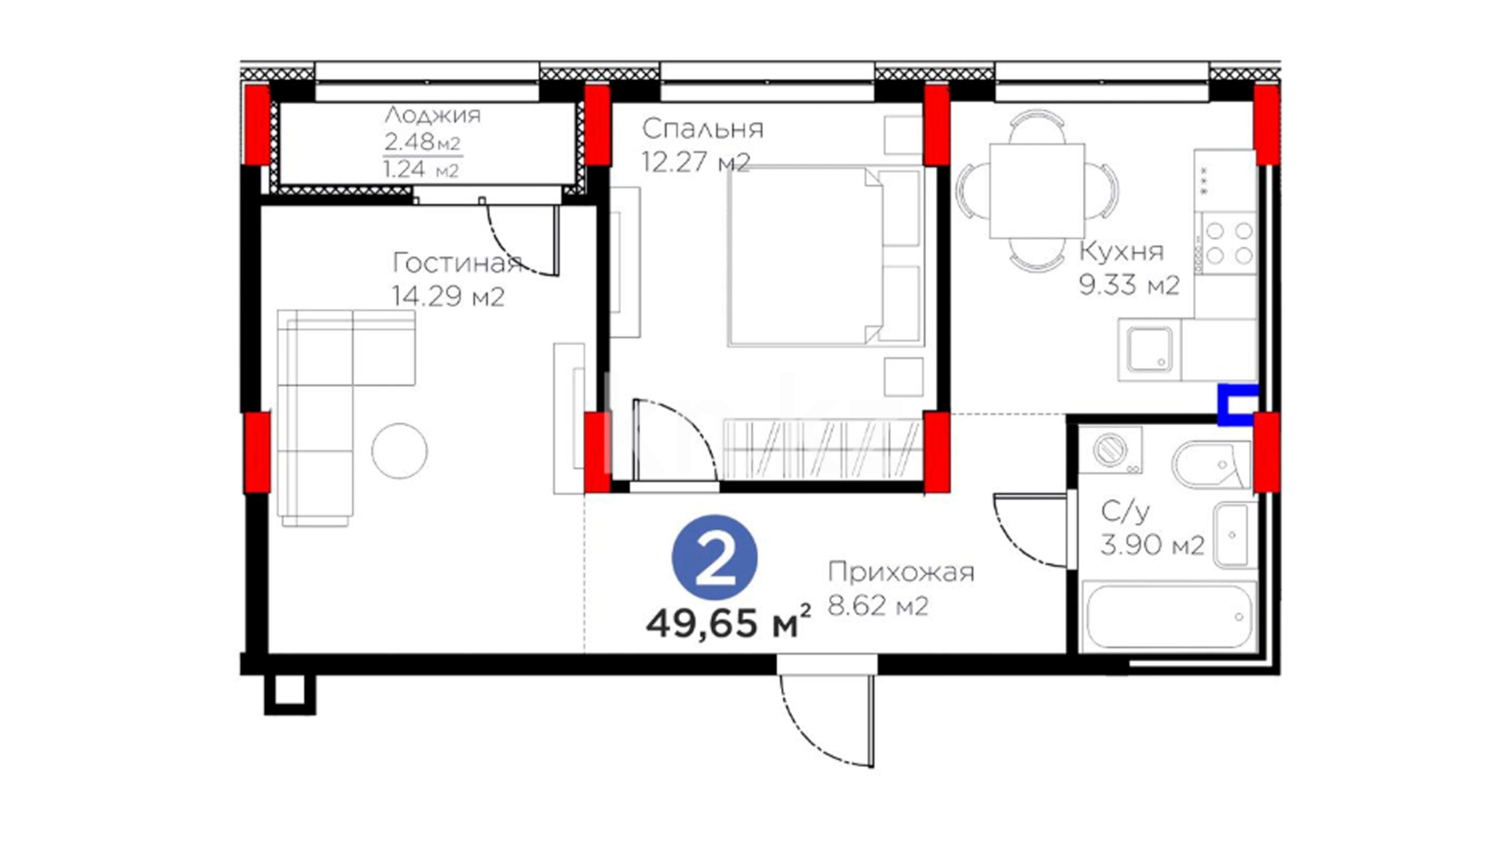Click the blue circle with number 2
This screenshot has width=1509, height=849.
pos(714,559)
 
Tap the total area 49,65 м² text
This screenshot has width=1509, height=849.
pos(728,623)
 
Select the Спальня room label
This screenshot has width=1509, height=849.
pos(703,129)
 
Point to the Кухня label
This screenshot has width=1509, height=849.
pos(1122,252)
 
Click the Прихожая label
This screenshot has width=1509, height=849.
pos(901,572)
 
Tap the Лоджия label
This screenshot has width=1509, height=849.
pos(432,116)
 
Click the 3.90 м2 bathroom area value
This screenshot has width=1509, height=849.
pos(1152,545)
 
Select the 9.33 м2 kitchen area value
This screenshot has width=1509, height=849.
pos(1129,285)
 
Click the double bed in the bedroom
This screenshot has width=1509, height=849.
pos(824,256)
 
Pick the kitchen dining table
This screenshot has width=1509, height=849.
pos(1037,191)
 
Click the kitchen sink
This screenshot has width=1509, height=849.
pos(1150,351)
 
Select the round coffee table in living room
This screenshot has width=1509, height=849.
pos(399,451)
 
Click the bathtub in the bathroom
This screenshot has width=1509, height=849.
pos(1168,617)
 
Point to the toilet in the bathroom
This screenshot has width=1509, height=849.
pos(1211,465)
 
